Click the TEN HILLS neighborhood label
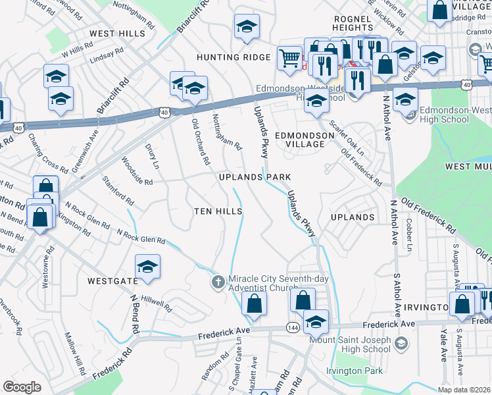click(218, 211)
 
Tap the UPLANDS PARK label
click(255, 178)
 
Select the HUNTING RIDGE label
click(233, 57)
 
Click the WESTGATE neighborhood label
click(112, 281)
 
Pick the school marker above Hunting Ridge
click(247, 26)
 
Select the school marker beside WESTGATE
click(147, 267)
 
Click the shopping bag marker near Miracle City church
click(253, 303)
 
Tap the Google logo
click(22, 387)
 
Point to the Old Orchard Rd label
click(201, 142)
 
